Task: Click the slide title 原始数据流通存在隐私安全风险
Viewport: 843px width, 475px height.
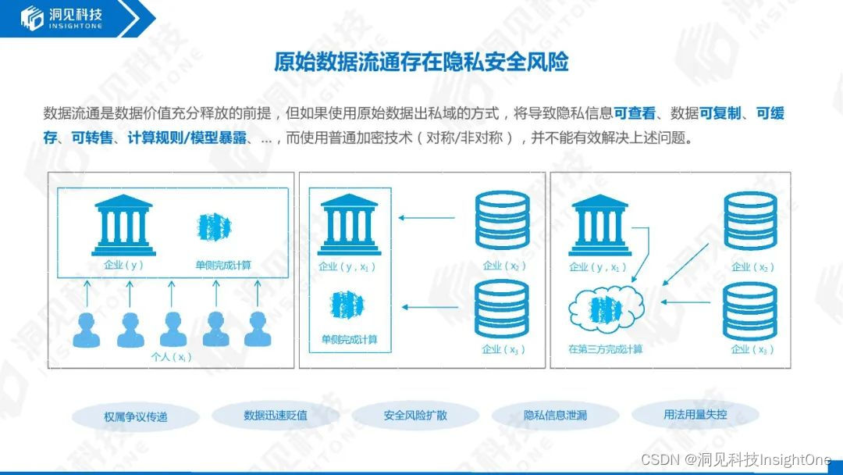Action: (x=421, y=62)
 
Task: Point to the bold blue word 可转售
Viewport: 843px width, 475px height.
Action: (x=91, y=138)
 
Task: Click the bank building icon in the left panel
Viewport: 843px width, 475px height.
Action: (x=123, y=225)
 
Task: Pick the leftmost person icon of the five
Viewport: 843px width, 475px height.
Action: (x=87, y=330)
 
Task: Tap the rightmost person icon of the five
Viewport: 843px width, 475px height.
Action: (x=257, y=330)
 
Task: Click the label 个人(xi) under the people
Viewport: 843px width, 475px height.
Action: (x=171, y=357)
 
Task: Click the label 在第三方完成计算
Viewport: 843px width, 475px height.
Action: (x=606, y=349)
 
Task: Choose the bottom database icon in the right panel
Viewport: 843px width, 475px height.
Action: (x=750, y=310)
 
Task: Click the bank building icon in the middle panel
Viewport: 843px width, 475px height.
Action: (x=349, y=224)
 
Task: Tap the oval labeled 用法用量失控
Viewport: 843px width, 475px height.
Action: (x=695, y=414)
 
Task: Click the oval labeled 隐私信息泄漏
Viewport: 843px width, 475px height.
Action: (x=555, y=415)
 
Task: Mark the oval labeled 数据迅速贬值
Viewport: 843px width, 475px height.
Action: (x=275, y=415)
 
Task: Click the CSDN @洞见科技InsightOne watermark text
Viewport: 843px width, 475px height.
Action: (x=736, y=459)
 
